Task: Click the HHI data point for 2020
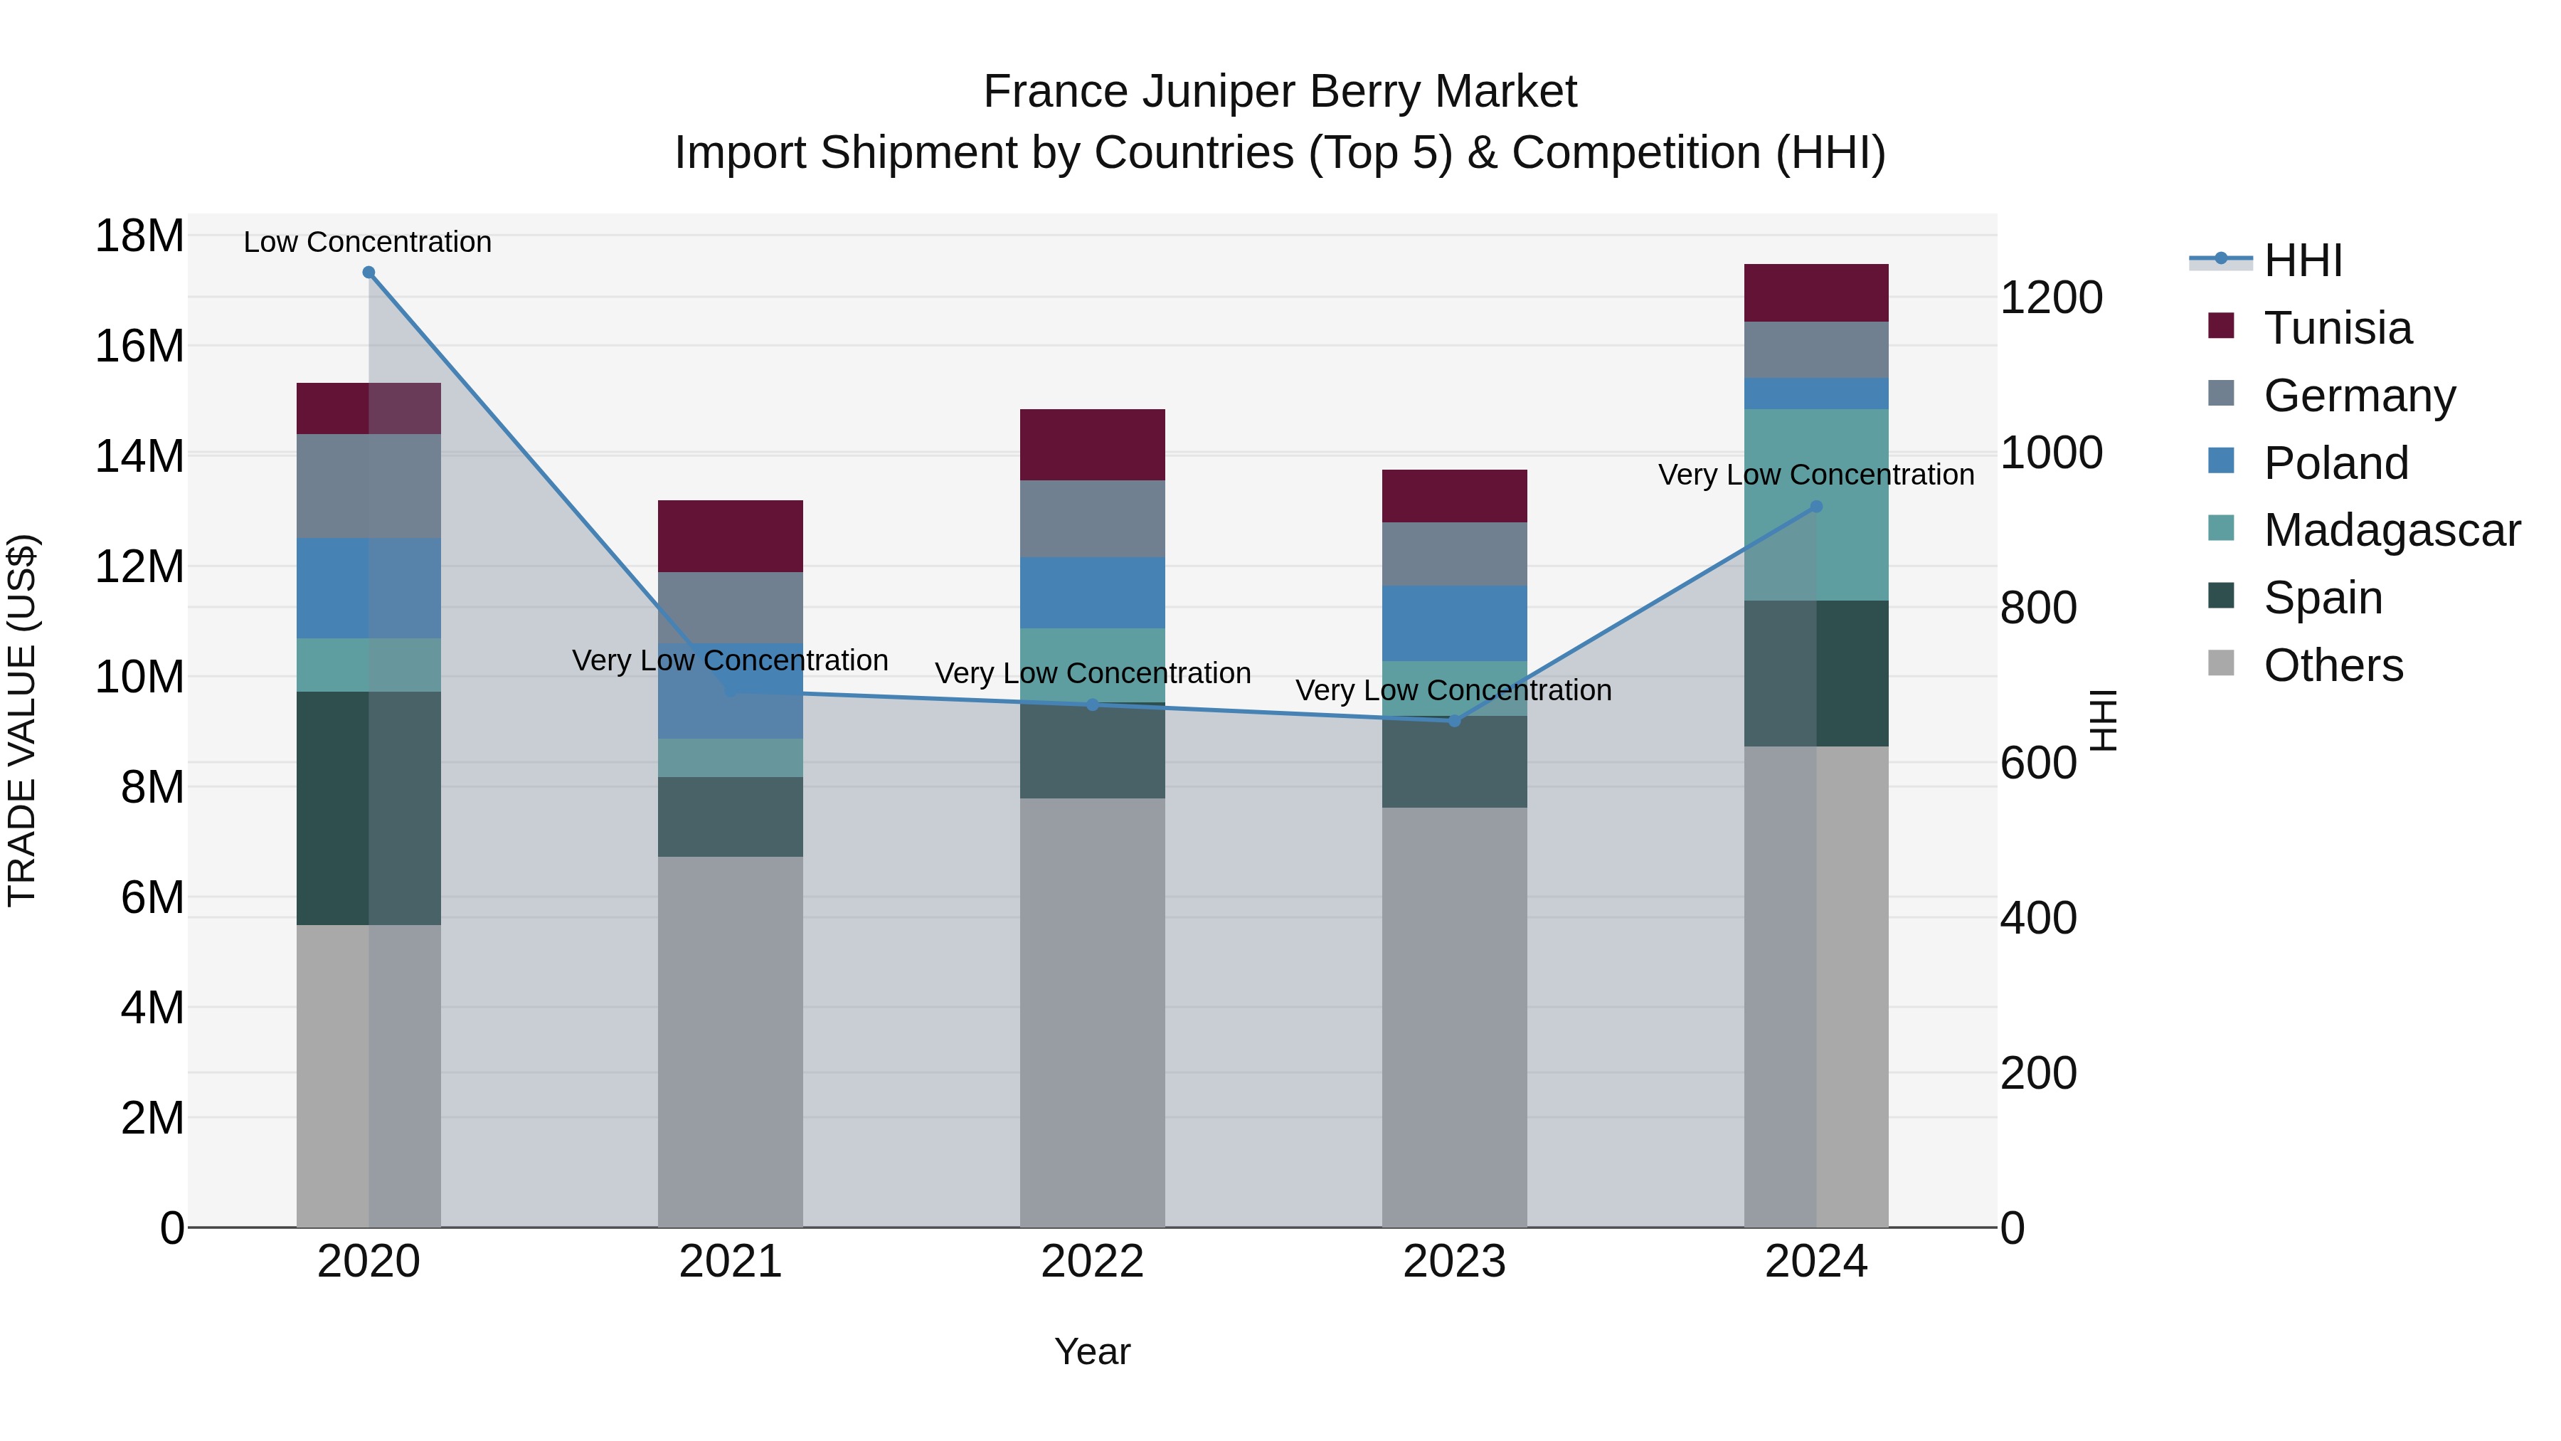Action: pyautogui.click(x=368, y=273)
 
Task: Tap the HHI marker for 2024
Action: pyautogui.click(x=1816, y=506)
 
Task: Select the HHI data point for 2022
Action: pyautogui.click(x=1093, y=704)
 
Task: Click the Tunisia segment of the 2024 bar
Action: pyautogui.click(x=1816, y=292)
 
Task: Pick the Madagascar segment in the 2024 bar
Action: pyautogui.click(x=1816, y=505)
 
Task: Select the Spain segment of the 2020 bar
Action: pyautogui.click(x=368, y=808)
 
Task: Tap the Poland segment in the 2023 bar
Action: pyautogui.click(x=1455, y=623)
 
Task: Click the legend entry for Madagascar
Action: pyautogui.click(x=2391, y=530)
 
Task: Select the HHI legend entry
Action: pyautogui.click(x=2303, y=260)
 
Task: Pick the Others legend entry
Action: pyautogui.click(x=2333, y=665)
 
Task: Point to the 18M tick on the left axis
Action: pyautogui.click(x=139, y=237)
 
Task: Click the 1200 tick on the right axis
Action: pyautogui.click(x=2051, y=297)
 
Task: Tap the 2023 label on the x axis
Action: pyautogui.click(x=1455, y=1262)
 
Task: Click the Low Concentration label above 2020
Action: pyautogui.click(x=368, y=242)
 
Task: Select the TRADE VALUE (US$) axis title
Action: pyautogui.click(x=22, y=720)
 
